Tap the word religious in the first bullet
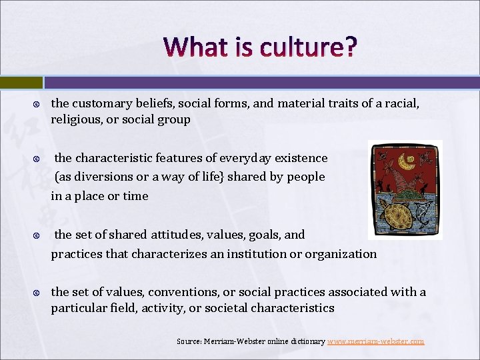[x=75, y=119]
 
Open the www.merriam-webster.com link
[x=376, y=341]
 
